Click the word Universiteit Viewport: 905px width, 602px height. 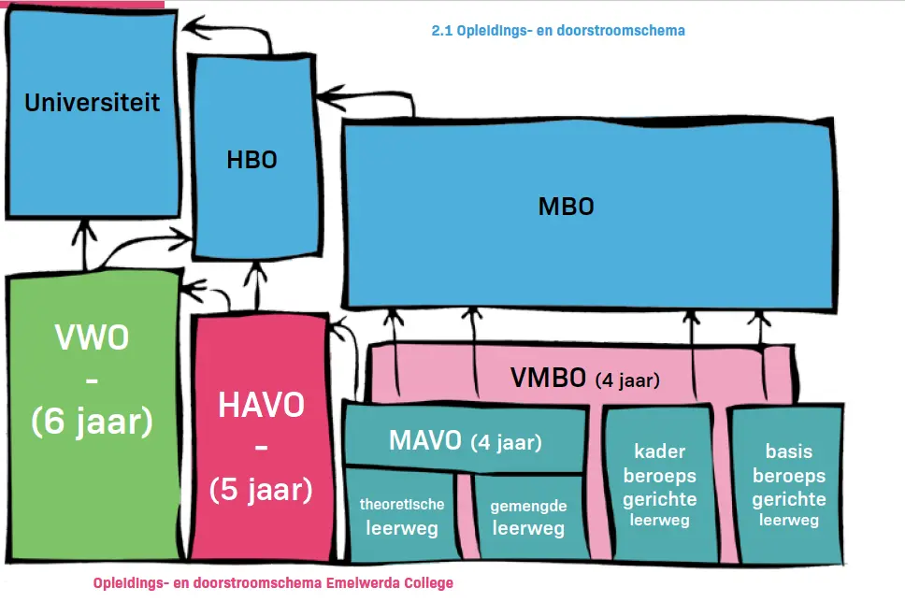[x=92, y=103]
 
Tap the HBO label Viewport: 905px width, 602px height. [x=251, y=160]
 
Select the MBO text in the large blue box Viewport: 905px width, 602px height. [x=567, y=207]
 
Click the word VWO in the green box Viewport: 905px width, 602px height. [x=92, y=337]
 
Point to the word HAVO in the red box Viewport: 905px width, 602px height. [x=261, y=405]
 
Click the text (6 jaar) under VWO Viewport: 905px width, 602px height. [x=92, y=421]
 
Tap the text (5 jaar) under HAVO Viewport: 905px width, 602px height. [x=261, y=490]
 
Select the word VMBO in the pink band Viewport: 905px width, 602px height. [x=548, y=378]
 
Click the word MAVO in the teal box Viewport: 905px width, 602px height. [x=425, y=441]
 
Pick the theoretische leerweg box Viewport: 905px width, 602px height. [x=401, y=515]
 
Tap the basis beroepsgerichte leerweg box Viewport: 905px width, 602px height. [x=788, y=485]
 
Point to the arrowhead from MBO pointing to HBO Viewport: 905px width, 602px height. [x=328, y=97]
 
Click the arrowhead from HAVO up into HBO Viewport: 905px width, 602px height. [x=255, y=270]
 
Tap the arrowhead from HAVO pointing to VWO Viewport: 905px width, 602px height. [x=192, y=289]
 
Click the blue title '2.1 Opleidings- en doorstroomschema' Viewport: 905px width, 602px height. [x=558, y=31]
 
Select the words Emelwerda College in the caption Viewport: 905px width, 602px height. [x=390, y=583]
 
